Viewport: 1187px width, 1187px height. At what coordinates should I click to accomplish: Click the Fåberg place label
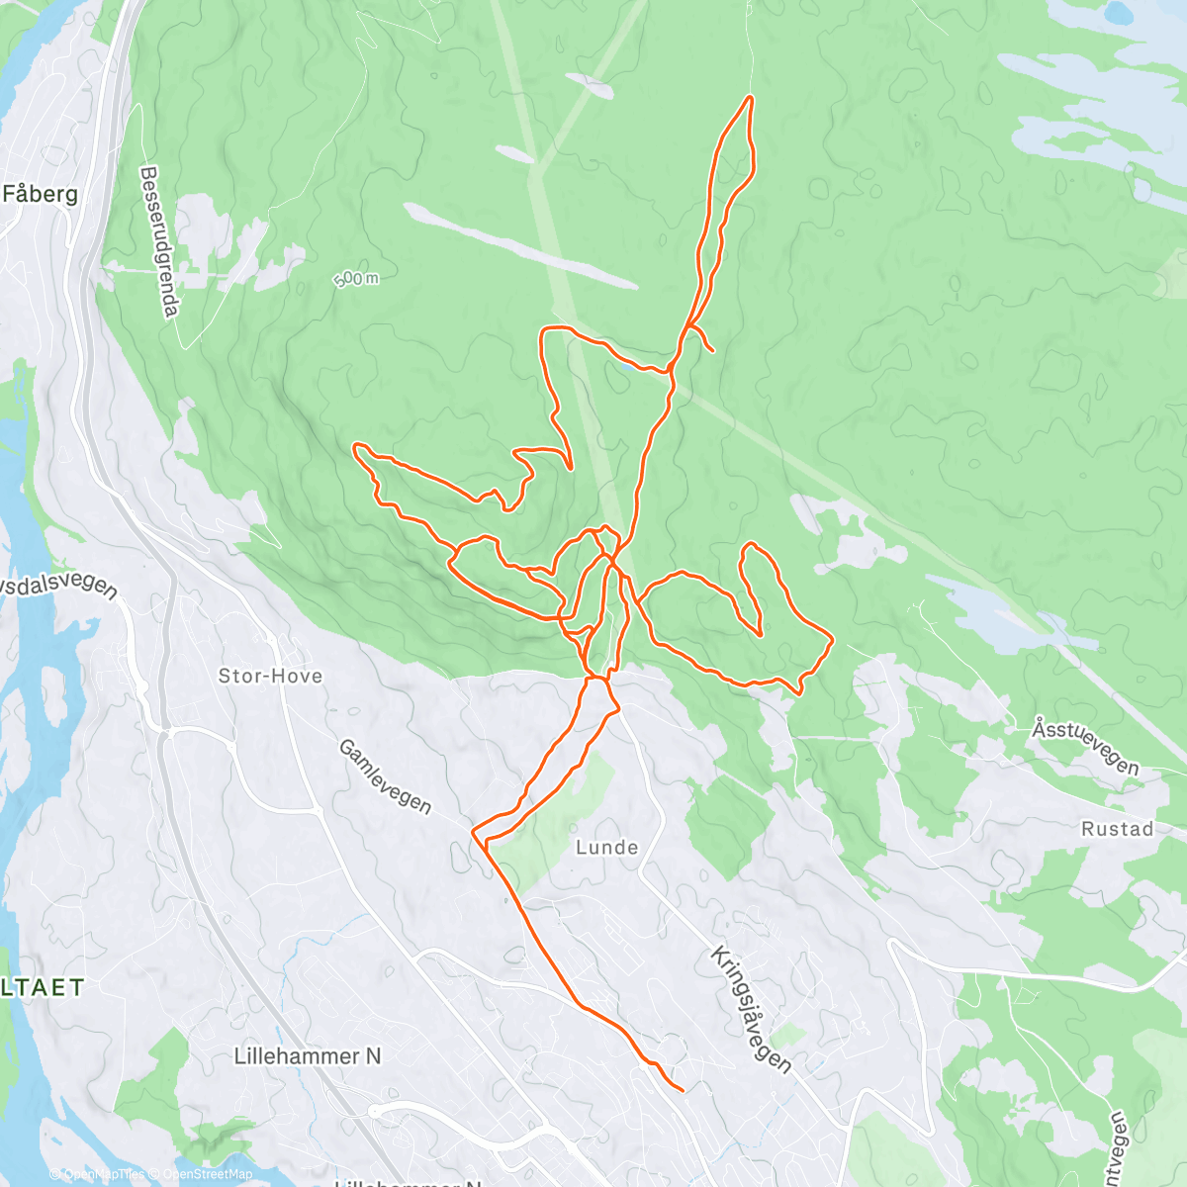pyautogui.click(x=40, y=194)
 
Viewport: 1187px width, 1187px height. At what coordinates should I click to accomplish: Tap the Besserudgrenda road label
pyautogui.click(x=159, y=242)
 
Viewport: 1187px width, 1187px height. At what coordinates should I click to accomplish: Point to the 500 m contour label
pyautogui.click(x=355, y=280)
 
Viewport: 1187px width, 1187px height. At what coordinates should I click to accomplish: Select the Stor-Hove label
pyautogui.click(x=270, y=677)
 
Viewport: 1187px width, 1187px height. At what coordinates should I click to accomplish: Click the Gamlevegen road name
pyautogui.click(x=385, y=777)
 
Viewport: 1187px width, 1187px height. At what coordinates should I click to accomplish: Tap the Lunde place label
pyautogui.click(x=606, y=848)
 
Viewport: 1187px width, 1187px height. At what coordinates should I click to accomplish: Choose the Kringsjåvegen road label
pyautogui.click(x=752, y=1010)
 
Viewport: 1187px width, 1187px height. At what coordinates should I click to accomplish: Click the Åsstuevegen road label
pyautogui.click(x=1085, y=747)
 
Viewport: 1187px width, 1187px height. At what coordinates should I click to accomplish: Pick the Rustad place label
pyautogui.click(x=1117, y=829)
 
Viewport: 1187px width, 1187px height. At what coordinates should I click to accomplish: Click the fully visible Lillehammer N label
pyautogui.click(x=307, y=1056)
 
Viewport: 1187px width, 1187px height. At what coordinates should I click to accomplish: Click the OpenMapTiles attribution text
pyautogui.click(x=104, y=1174)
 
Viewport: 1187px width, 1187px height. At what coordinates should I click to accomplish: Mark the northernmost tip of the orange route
pyautogui.click(x=751, y=97)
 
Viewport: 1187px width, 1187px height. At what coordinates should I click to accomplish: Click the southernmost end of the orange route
pyautogui.click(x=683, y=1090)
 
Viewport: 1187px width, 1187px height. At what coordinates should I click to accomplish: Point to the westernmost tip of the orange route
pyautogui.click(x=355, y=449)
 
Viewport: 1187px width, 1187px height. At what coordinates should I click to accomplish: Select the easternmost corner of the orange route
pyautogui.click(x=833, y=640)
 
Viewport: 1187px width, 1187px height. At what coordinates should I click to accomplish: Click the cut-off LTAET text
pyautogui.click(x=43, y=987)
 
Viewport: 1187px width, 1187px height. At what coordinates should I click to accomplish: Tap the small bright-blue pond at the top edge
pyautogui.click(x=1119, y=12)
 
